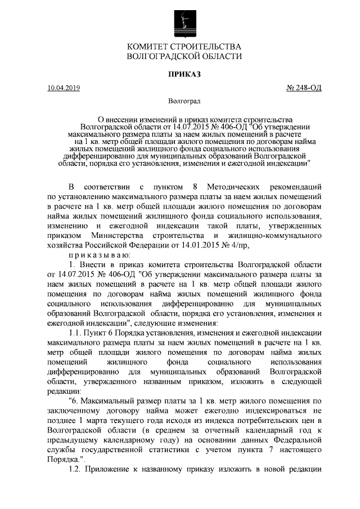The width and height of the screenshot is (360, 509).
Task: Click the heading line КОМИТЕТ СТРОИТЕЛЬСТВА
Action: pyautogui.click(x=184, y=47)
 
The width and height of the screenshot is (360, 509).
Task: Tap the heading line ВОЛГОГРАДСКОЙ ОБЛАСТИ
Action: pyautogui.click(x=184, y=57)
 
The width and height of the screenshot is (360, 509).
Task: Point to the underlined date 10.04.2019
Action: pyautogui.click(x=64, y=88)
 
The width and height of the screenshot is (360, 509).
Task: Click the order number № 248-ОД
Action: pyautogui.click(x=304, y=88)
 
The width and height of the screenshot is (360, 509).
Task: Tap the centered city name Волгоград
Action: pyautogui.click(x=184, y=102)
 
